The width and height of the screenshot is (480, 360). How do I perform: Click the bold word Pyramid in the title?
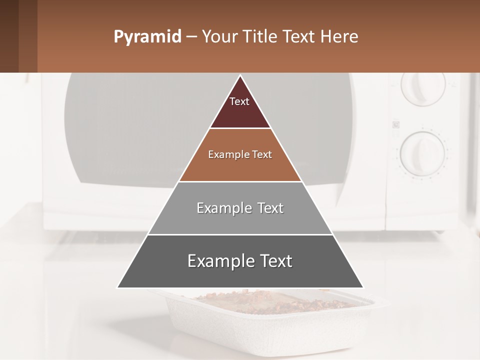147,37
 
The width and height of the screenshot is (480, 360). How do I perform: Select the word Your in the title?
220,37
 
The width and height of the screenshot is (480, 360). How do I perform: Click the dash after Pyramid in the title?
191,37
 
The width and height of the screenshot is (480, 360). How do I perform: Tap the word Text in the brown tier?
262,154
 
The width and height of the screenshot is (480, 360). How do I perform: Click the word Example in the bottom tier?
220,261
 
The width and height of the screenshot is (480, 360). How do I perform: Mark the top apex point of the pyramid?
240,76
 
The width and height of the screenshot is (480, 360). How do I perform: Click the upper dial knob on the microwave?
422,89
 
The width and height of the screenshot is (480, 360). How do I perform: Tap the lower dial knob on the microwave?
422,152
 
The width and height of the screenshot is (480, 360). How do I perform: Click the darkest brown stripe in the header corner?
9,36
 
